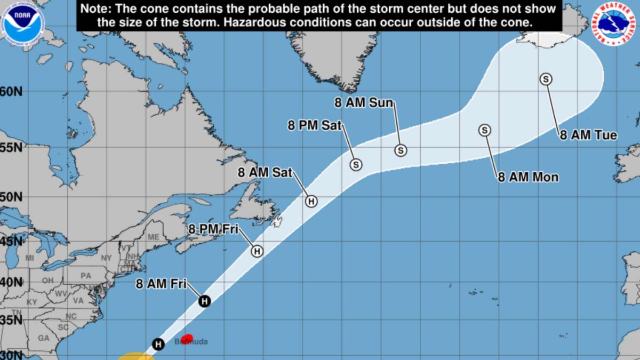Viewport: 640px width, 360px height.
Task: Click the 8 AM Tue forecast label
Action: pos(588,135)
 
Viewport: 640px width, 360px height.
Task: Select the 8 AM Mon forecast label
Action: pos(528,177)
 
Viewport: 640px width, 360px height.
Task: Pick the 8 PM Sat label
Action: pos(315,126)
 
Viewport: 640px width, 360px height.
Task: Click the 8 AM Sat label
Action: pos(265,172)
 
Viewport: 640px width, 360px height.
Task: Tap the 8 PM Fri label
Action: pos(213,229)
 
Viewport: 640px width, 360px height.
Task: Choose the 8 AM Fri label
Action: pos(161,284)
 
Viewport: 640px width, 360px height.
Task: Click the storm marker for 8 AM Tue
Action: pos(546,79)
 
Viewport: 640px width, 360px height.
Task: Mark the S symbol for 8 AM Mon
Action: pos(485,130)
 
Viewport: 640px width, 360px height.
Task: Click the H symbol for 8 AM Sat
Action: pos(311,201)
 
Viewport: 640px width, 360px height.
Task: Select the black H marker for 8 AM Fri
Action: pos(204,301)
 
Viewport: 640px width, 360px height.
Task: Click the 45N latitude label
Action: pos(11,241)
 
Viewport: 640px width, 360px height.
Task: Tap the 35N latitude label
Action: pos(11,320)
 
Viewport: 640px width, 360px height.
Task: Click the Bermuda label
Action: pos(191,342)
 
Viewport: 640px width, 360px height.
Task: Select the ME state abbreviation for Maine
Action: pos(153,237)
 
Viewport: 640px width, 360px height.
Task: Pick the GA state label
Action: pos(44,338)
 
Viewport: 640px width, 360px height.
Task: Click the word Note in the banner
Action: pos(96,9)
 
